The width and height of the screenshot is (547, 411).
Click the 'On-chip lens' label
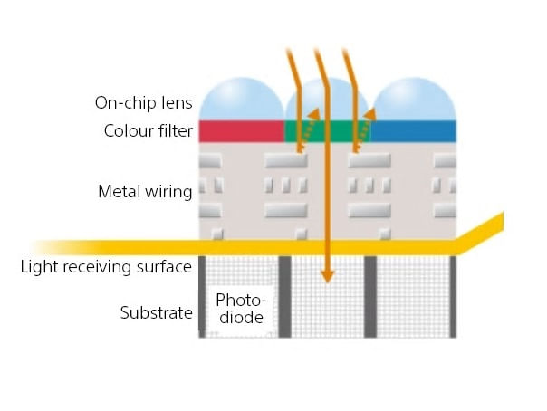point(143,103)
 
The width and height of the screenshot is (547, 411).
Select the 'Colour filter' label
point(149,131)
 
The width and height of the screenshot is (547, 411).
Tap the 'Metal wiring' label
point(145,191)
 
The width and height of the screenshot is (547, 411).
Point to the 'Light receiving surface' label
point(106,267)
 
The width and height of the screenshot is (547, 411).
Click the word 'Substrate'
point(157,312)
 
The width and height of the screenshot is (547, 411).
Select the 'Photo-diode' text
point(241,309)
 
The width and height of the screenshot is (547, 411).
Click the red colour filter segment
point(242,131)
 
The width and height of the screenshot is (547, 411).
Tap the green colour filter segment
point(327,131)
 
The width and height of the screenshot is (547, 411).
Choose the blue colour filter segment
point(413,131)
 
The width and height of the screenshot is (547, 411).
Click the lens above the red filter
point(242,100)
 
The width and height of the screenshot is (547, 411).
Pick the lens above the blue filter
point(414,100)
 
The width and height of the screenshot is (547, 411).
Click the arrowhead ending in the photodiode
point(327,276)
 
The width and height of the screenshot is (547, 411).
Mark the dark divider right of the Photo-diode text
point(284,297)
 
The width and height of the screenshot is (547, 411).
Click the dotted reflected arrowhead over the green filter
point(313,114)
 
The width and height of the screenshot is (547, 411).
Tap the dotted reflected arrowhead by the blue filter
point(369,114)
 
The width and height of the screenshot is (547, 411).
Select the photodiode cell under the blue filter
point(413,297)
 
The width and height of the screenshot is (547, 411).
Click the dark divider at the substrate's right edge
point(453,297)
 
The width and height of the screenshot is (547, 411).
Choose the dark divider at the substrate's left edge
point(202,297)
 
